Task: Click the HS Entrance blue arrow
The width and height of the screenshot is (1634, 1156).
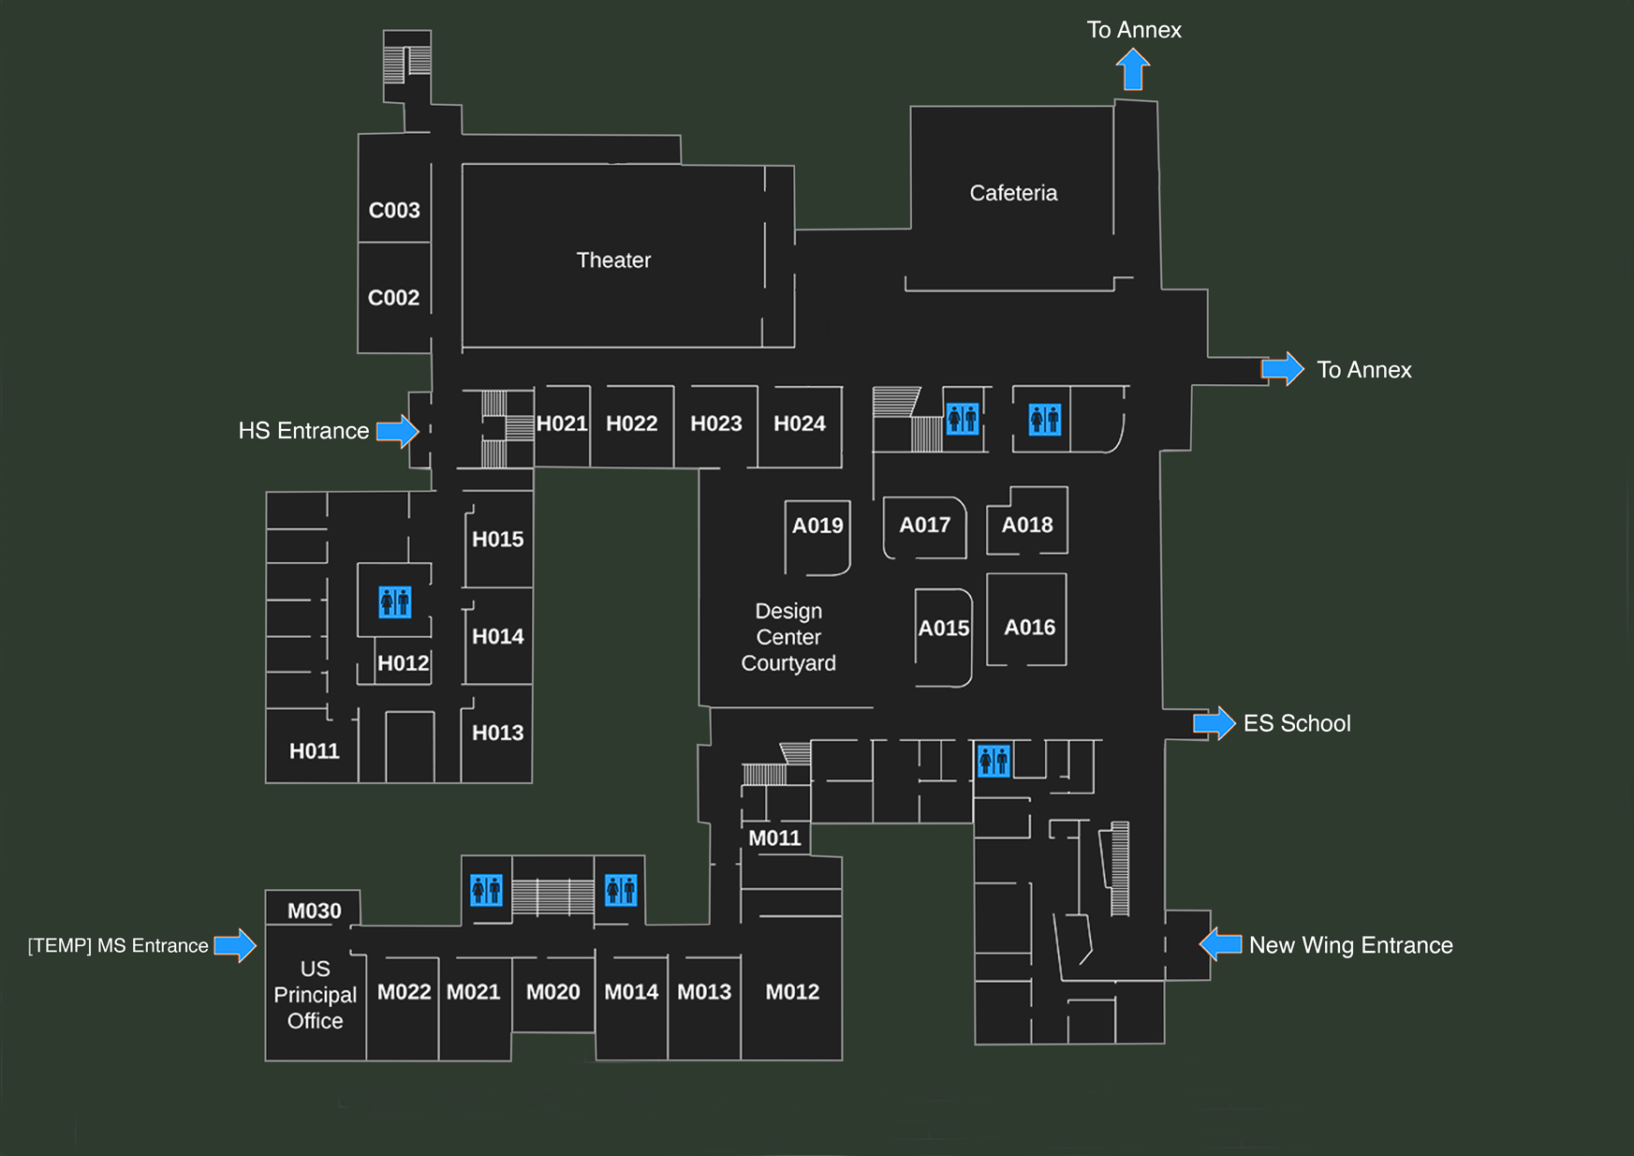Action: [397, 431]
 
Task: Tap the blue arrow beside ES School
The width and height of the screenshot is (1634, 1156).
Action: [1214, 723]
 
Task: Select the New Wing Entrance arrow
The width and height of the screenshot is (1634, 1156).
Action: [1221, 944]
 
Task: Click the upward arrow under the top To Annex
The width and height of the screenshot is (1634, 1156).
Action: [1133, 69]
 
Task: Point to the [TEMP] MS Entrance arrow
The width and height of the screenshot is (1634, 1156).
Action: [235, 945]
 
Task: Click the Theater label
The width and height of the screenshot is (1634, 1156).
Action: [613, 260]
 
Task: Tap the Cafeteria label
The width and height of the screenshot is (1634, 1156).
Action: [1013, 193]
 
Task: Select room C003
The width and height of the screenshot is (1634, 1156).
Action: [394, 210]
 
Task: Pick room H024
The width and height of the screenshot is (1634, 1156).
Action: [800, 423]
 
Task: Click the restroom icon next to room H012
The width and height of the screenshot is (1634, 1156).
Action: [394, 601]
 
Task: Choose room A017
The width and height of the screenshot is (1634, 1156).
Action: [925, 526]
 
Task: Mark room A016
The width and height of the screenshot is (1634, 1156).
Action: [1029, 627]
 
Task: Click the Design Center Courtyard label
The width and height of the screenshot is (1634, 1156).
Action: [788, 637]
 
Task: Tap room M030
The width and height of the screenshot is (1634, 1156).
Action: [314, 911]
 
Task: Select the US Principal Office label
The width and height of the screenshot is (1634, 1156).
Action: [315, 995]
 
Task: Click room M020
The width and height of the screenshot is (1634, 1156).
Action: [552, 992]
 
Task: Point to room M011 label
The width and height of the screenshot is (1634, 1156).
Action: [774, 838]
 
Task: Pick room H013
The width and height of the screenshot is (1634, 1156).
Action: [497, 733]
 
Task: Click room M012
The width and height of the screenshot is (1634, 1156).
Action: [792, 992]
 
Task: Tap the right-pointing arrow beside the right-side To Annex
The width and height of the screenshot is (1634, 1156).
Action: [1282, 369]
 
